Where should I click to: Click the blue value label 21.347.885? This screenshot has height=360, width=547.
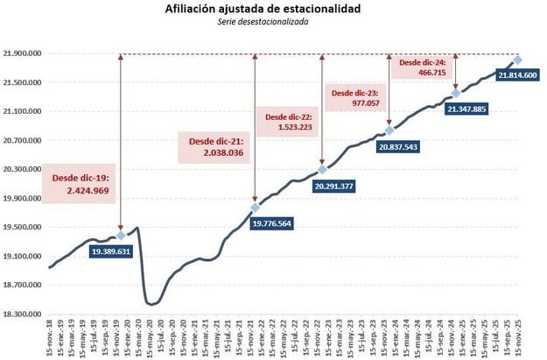[x=466, y=109]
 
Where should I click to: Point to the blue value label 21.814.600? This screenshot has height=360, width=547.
[x=517, y=76]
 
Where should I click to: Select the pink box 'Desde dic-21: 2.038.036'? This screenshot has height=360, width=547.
[x=214, y=146]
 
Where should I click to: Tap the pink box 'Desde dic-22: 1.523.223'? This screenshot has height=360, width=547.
[x=288, y=122]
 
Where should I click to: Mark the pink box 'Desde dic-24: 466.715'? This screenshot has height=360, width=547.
[x=422, y=69]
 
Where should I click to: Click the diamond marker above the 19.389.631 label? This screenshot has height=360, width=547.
[x=121, y=236]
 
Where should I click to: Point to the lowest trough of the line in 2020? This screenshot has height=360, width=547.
[x=150, y=304]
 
